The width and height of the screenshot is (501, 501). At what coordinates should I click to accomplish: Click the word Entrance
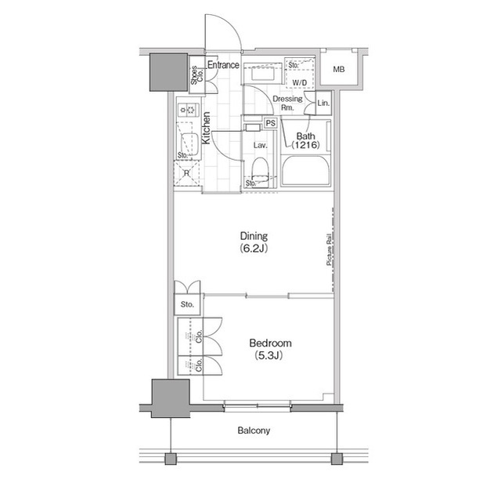coord(223,65)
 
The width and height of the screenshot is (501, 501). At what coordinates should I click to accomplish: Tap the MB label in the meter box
coord(338,70)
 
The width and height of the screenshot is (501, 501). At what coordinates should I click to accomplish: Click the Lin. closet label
coord(323,103)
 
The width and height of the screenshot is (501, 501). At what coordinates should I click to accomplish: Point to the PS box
coord(270,123)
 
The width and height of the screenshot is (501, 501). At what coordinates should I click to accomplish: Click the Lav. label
coord(261,146)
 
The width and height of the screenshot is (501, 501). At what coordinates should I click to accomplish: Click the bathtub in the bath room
coord(306,170)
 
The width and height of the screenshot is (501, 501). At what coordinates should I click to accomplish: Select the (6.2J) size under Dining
coord(254,249)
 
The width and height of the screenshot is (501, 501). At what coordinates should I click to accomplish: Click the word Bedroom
coord(270,343)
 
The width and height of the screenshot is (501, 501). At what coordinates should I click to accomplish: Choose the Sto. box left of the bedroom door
coord(187,304)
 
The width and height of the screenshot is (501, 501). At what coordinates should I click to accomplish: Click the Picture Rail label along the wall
coord(329,251)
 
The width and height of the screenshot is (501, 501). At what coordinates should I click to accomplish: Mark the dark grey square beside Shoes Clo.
coord(167,72)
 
